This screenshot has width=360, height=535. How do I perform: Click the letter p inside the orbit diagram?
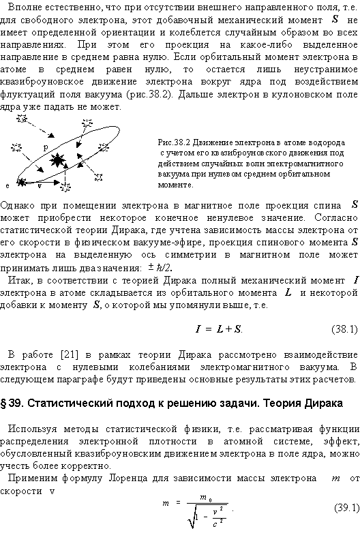(x=45, y=147)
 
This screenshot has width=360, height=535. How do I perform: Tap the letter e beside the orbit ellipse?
(x=7, y=185)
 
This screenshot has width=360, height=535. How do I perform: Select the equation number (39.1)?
(x=345, y=508)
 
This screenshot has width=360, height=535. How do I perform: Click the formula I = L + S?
(x=219, y=329)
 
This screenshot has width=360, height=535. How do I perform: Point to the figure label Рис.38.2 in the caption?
(x=174, y=143)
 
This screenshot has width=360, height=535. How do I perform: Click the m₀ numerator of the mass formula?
(x=204, y=498)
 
